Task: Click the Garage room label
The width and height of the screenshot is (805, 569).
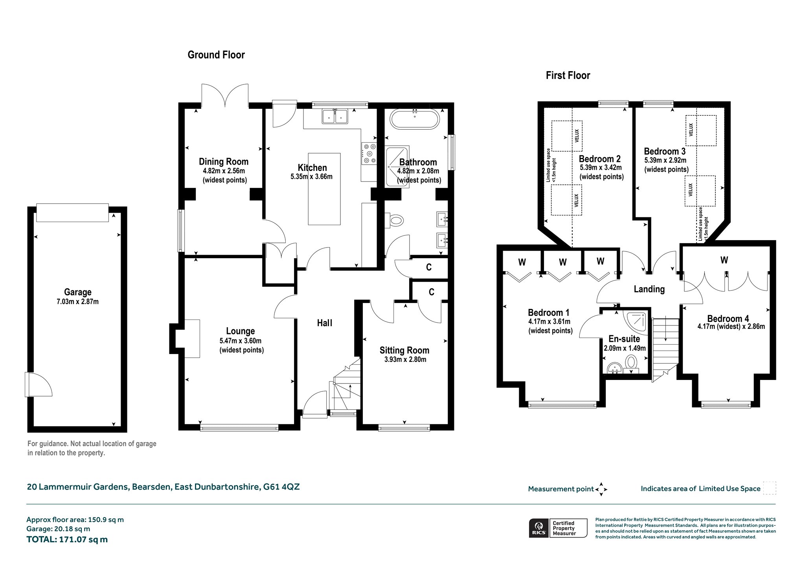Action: click(x=78, y=292)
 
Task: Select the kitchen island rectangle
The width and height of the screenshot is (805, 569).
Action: click(x=324, y=189)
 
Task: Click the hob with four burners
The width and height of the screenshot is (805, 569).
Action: click(x=369, y=153)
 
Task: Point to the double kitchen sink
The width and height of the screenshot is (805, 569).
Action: click(x=335, y=116)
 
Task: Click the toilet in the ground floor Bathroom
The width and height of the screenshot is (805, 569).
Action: click(x=394, y=220)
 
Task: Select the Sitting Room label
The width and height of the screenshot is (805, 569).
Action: click(x=404, y=350)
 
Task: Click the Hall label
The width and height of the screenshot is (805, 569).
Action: click(x=325, y=323)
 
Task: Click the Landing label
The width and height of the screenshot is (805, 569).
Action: click(x=649, y=289)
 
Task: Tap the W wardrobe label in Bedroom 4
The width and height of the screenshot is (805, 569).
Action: click(x=724, y=260)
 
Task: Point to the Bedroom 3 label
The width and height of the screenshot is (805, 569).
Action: click(x=665, y=151)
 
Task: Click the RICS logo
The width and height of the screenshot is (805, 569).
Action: click(x=539, y=528)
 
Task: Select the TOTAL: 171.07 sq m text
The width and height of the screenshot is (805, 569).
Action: click(x=67, y=540)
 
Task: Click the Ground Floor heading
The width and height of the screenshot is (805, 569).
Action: click(x=216, y=55)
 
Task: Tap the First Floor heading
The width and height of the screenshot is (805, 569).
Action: click(x=568, y=75)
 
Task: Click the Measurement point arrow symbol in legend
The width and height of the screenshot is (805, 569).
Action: click(x=601, y=489)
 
